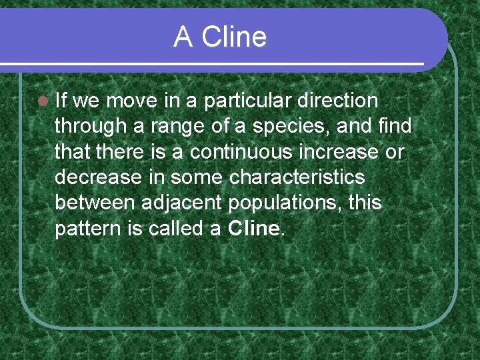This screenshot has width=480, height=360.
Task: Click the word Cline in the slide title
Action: (x=234, y=37)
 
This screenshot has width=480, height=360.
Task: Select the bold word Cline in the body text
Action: (x=253, y=229)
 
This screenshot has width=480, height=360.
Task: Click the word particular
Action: (x=248, y=101)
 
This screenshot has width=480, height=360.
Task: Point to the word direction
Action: (x=338, y=101)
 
